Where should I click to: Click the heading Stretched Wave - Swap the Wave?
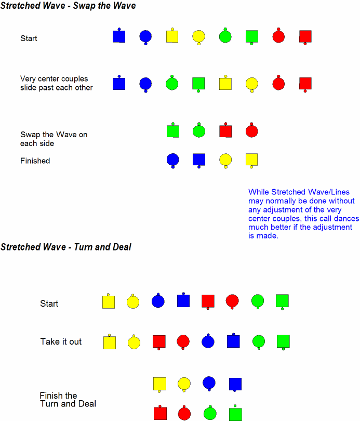[68, 6]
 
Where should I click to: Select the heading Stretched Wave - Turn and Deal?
[66, 247]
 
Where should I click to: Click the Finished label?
[35, 161]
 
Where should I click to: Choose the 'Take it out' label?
[61, 341]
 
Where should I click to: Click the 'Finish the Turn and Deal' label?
[68, 400]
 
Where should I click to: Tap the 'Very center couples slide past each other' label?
[56, 83]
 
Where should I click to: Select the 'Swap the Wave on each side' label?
[54, 139]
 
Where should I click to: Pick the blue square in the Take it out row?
[233, 341]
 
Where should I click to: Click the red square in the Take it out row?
[159, 342]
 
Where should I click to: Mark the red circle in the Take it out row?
[183, 341]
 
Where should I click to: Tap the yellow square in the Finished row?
[251, 160]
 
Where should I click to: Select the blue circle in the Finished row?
[173, 160]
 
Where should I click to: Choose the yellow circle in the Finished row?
[225, 160]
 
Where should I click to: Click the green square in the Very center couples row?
[198, 84]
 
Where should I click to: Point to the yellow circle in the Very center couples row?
[252, 84]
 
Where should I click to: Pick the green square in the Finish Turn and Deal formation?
[235, 414]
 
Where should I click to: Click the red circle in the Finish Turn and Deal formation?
[184, 414]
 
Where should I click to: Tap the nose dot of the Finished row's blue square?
[199, 167]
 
